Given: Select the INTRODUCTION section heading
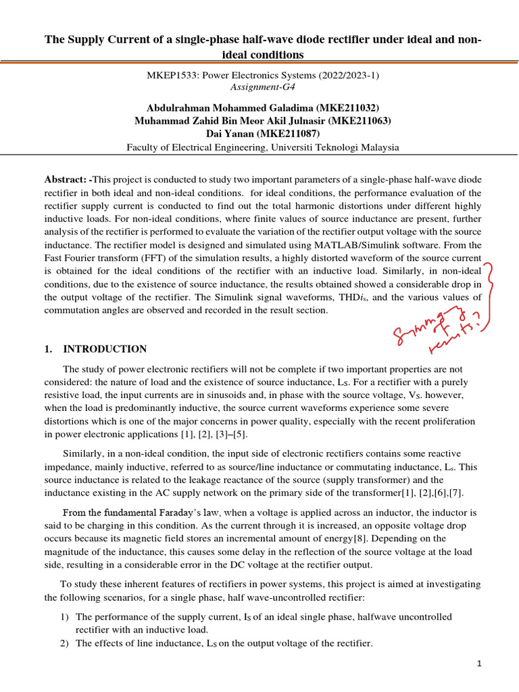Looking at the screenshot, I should (105, 349).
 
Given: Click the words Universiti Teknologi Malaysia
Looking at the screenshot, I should (337, 147).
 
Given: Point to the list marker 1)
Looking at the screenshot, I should (66, 617).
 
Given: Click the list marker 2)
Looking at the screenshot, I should (66, 643).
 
